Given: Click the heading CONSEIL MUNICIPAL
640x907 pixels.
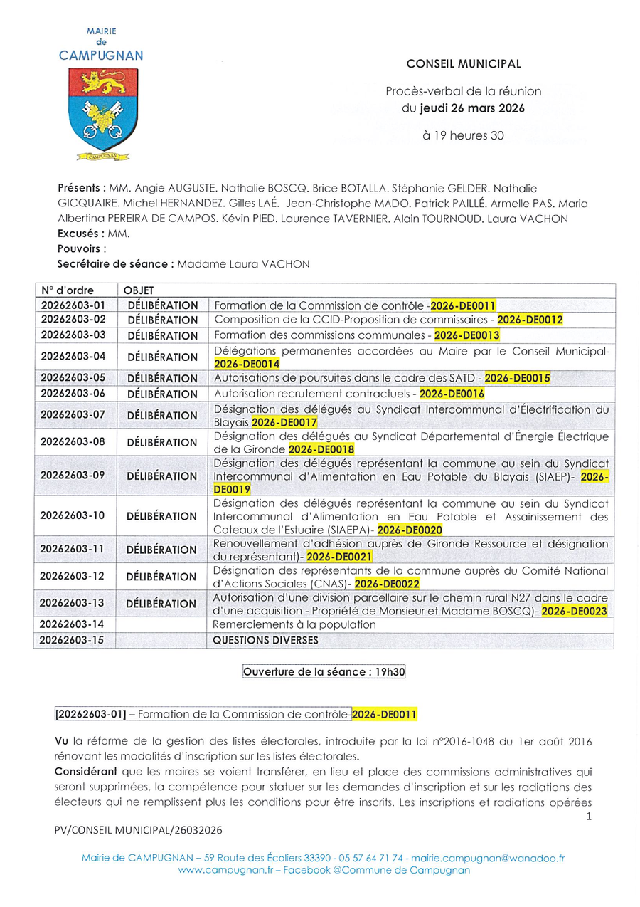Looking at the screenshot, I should click(463, 64).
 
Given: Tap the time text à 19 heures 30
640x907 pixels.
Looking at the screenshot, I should click(463, 135).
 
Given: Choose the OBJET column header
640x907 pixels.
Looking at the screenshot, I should click(139, 290).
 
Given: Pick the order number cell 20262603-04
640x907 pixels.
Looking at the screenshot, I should click(73, 356).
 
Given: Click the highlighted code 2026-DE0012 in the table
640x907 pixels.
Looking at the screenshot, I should click(529, 320).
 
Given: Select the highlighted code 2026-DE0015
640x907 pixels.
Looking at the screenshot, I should click(517, 378).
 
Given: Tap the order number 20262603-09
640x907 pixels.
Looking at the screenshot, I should click(73, 476).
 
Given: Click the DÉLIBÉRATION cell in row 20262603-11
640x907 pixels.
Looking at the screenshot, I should click(162, 550).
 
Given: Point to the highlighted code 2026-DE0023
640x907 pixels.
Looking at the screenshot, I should click(574, 610).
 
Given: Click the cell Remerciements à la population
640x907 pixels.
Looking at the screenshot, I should click(294, 624).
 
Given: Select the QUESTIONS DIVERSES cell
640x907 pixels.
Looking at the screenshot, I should click(266, 640).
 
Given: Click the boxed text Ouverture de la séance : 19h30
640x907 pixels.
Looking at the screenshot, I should click(324, 671).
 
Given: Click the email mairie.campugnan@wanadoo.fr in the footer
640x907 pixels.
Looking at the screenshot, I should click(487, 858).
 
